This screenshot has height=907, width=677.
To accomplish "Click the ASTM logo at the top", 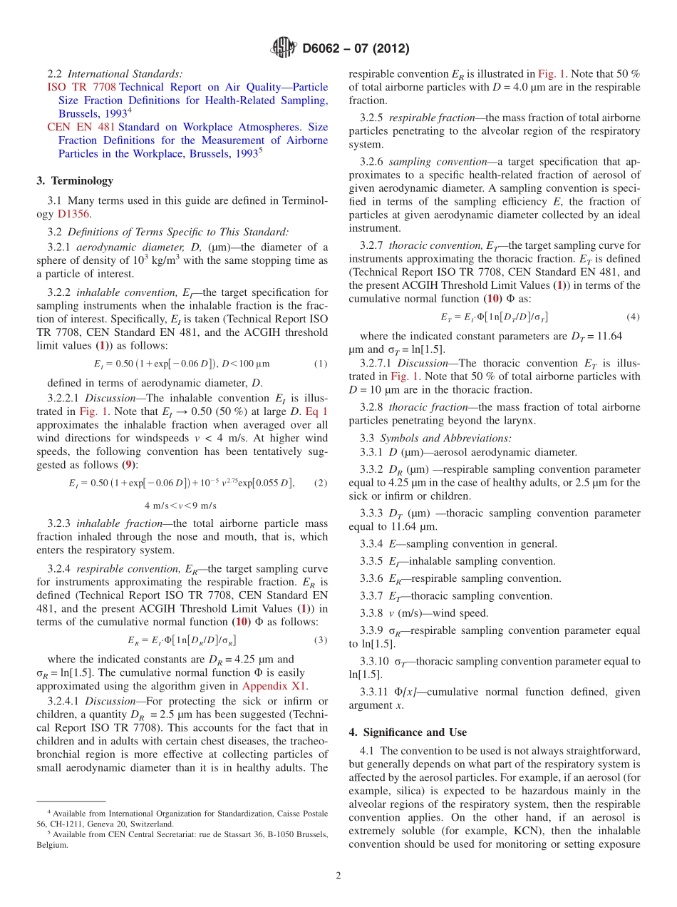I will [x=284, y=48].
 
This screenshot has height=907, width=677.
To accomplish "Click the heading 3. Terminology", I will [x=75, y=180].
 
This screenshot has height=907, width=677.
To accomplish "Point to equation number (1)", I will [x=321, y=364].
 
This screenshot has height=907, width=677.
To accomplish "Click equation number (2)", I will [x=321, y=483].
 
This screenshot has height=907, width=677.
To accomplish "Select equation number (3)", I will [x=321, y=640].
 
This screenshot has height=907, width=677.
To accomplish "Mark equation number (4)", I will [x=633, y=316].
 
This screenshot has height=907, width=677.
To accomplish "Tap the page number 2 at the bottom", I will [x=338, y=876].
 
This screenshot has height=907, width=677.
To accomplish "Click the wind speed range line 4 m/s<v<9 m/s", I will [x=180, y=506].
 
